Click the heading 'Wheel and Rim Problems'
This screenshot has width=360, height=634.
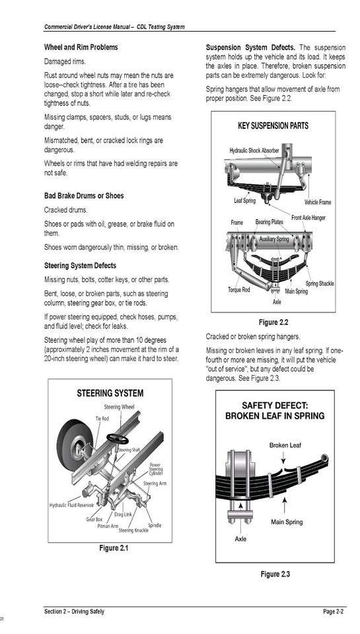coord(81,48)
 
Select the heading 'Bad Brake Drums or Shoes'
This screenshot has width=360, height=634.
coord(84,196)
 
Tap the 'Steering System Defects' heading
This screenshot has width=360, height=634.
coord(80,265)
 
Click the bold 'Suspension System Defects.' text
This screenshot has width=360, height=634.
coord(250,48)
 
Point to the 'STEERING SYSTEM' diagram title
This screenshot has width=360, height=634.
coord(110,393)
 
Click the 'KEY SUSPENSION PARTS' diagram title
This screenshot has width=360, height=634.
coord(273,125)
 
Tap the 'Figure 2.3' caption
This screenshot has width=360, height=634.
coord(275,575)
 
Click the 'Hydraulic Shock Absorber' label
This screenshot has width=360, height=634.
coord(254,151)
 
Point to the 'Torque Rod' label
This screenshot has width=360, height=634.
coord(238,290)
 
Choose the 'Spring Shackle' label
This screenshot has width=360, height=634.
coord(319,283)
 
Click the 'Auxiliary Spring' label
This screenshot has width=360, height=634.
coord(273,238)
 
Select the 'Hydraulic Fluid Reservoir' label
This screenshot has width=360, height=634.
coord(72,505)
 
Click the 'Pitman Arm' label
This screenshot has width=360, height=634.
coord(107,526)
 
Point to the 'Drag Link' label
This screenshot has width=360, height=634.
coord(123,513)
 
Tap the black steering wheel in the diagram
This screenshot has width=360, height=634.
coord(118,439)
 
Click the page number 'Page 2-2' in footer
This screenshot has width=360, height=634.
coord(333,612)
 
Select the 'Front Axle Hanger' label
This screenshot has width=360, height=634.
coord(308,218)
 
